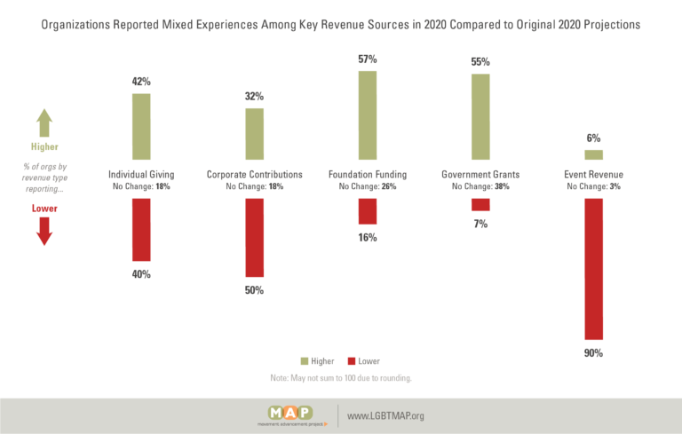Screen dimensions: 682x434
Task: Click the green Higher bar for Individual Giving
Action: coord(141,127)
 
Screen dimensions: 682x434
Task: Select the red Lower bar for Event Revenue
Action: coord(594,269)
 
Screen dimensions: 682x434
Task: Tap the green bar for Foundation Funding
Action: coord(368,115)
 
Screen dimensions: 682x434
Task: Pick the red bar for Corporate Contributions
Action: coord(255,238)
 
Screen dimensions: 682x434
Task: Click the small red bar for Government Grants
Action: coord(480,205)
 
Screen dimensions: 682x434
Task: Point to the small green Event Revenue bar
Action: coord(594,154)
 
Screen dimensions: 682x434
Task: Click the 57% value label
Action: coord(368,59)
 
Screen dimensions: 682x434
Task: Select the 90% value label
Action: coord(594,353)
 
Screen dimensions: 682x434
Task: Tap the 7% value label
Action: coord(480,224)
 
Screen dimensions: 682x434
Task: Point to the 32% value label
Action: coord(255,96)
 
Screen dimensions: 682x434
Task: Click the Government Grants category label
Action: coord(480,174)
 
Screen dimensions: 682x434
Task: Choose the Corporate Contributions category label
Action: coord(255,174)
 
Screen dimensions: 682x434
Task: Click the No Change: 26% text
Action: coord(368,186)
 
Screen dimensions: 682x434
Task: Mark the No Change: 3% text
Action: coord(594,186)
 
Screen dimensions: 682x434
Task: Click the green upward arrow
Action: coord(44,122)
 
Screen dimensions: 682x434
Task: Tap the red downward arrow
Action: coord(44,232)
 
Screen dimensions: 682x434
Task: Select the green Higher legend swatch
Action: coord(305,361)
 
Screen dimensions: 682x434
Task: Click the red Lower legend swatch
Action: coord(352,361)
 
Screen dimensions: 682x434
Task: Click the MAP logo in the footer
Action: coord(291,415)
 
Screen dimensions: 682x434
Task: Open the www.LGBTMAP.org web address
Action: coord(385,415)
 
